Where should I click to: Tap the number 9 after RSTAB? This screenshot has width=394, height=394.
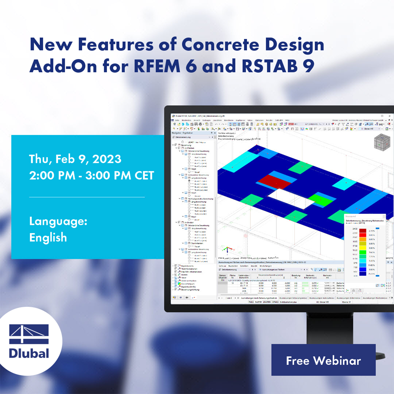coord(308,66)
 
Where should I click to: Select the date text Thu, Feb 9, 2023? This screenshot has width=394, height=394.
coord(75,158)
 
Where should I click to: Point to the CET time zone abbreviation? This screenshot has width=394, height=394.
coord(143,176)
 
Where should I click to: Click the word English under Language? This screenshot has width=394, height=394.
coord(48,238)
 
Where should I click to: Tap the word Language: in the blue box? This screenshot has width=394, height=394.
coord(58,221)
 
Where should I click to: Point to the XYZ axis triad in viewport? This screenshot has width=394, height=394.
coord(227,250)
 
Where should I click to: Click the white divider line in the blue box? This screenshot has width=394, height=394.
coord(87,197)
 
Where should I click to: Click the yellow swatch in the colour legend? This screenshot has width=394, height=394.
coord(363,245)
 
